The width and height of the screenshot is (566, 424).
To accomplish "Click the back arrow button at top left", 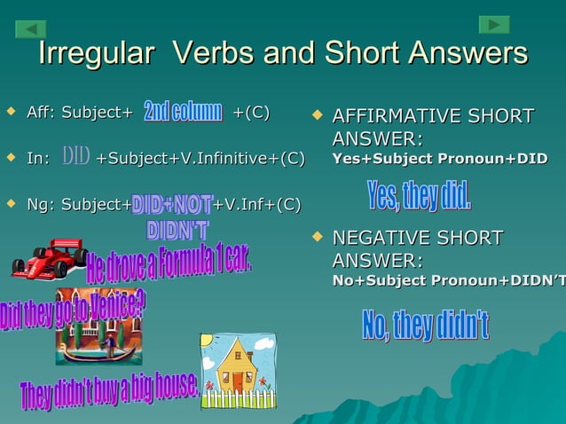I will [30, 29].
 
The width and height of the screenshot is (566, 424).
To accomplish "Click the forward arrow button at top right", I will [494, 25].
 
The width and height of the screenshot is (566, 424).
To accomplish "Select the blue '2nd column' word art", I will [183, 112].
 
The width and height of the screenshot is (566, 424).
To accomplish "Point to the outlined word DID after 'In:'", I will [75, 158].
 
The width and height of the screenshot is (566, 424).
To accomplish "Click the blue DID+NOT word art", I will [172, 205].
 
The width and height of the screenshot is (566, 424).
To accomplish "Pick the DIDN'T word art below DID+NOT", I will [177, 230].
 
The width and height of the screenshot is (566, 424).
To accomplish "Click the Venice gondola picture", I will [98, 328].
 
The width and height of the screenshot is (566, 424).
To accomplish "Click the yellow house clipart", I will [237, 370].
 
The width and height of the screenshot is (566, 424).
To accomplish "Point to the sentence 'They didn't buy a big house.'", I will [108, 391].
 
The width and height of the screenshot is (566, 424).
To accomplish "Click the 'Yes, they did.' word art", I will [419, 195].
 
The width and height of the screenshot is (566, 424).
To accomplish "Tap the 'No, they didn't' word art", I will [425, 326].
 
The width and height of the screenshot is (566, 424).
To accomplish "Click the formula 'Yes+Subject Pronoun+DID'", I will [439, 159].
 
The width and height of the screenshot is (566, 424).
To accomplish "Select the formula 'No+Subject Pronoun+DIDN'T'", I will [448, 280].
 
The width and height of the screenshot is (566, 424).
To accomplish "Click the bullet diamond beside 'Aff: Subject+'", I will [11, 113].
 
